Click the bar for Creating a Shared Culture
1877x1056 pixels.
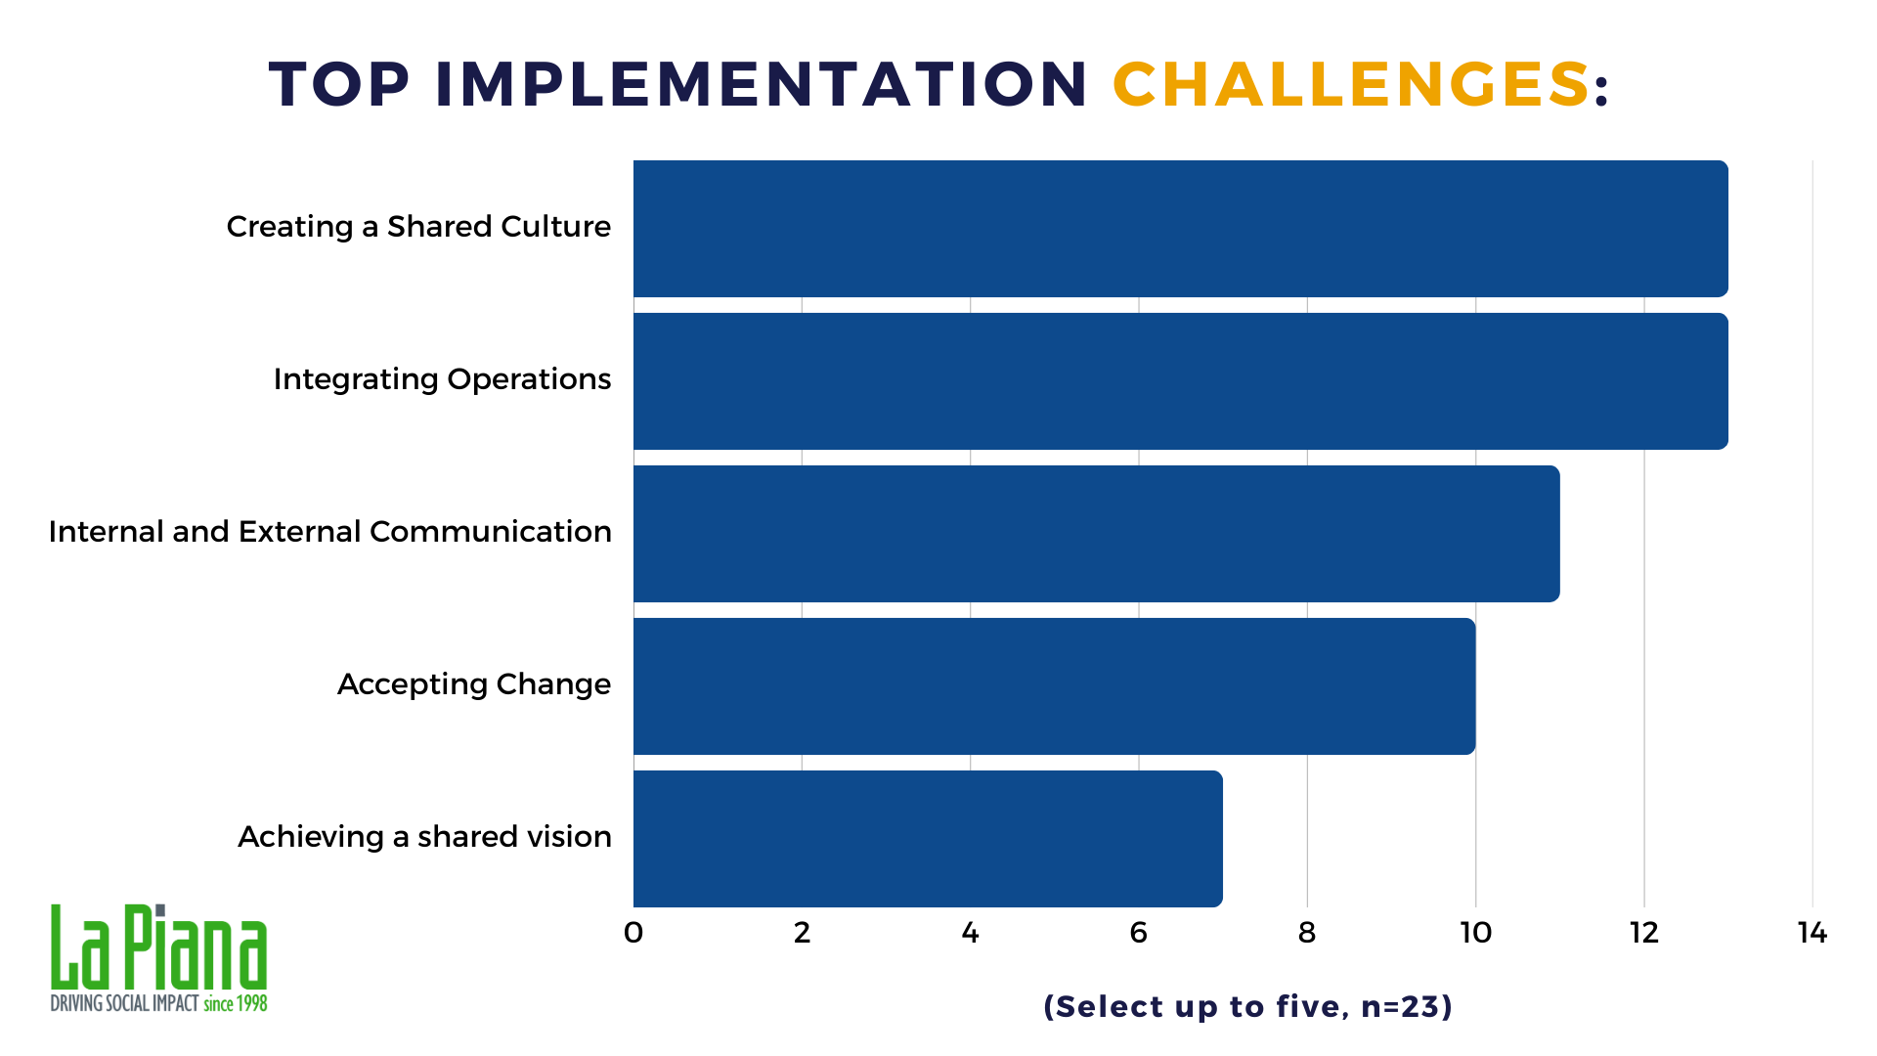click(x=1181, y=229)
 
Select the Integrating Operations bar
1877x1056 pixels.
click(x=1181, y=381)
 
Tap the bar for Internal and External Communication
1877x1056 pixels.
click(x=1097, y=534)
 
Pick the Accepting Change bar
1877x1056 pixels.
click(x=1055, y=686)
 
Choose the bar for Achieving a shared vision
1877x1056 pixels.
click(x=928, y=839)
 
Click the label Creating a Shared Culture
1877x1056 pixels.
click(x=418, y=227)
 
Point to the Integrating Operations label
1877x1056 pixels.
click(x=442, y=379)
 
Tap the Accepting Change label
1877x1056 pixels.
click(x=474, y=684)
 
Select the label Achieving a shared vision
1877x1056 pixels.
click(x=424, y=837)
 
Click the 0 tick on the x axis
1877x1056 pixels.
click(x=633, y=933)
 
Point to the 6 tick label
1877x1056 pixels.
click(x=1139, y=933)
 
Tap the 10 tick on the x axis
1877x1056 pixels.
click(x=1476, y=933)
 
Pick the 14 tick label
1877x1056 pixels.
click(x=1812, y=933)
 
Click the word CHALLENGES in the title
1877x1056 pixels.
click(x=1351, y=84)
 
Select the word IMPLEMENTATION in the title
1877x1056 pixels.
click(x=762, y=84)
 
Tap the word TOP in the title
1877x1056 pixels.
click(x=339, y=84)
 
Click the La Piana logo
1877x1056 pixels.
click(x=158, y=958)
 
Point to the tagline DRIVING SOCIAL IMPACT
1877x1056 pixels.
click(x=124, y=1003)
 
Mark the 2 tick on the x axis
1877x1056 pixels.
click(x=802, y=933)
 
